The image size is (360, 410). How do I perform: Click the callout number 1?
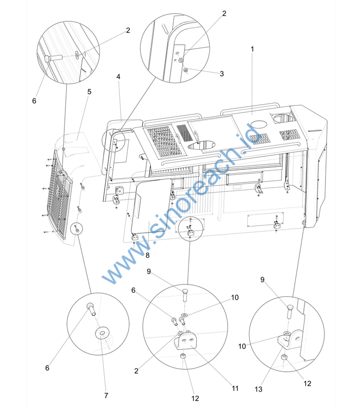[252, 49]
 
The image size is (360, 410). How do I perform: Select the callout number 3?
[222, 74]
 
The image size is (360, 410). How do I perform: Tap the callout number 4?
[118, 76]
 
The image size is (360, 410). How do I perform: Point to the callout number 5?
[89, 92]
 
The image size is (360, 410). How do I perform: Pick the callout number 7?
[106, 395]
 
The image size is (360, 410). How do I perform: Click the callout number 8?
[148, 255]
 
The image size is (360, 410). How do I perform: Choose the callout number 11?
[235, 388]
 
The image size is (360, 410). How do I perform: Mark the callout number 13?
[258, 389]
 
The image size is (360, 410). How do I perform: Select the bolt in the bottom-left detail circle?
[91, 309]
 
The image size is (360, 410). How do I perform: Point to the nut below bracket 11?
[183, 357]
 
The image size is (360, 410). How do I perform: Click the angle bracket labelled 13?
[291, 339]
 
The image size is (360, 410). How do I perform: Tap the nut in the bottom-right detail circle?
[284, 358]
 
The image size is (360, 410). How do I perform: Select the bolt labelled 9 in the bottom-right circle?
[290, 312]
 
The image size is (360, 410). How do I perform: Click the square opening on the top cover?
[282, 118]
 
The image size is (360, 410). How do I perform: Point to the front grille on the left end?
[60, 195]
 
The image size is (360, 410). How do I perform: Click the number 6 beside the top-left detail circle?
[34, 100]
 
